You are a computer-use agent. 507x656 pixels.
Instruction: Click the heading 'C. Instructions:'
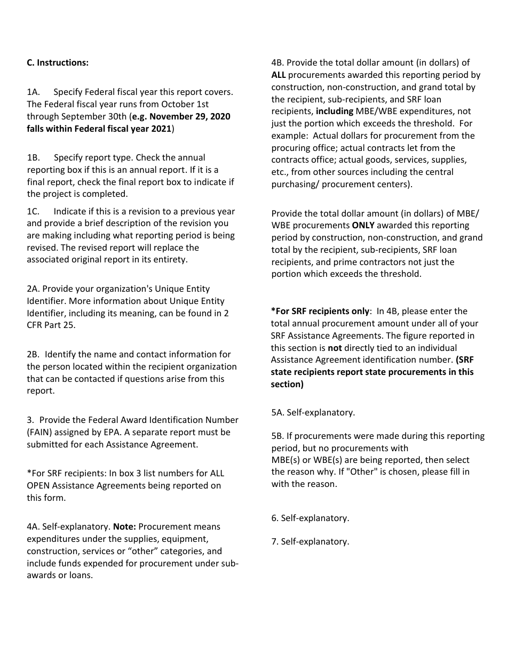point(58,63)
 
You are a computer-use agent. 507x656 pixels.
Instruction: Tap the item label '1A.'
point(34,92)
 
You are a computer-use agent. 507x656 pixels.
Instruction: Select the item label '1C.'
point(34,212)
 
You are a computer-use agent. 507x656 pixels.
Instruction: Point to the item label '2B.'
point(34,355)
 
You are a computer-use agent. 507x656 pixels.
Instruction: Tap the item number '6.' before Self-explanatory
point(275,518)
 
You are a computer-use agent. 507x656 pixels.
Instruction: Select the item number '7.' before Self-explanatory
point(275,542)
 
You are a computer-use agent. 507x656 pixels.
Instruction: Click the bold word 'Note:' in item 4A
point(124,527)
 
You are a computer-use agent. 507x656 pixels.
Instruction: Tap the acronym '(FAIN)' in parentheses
point(41,433)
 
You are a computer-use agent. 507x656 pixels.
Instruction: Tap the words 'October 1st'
point(185,105)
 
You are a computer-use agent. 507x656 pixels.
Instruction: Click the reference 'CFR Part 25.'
point(51,325)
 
